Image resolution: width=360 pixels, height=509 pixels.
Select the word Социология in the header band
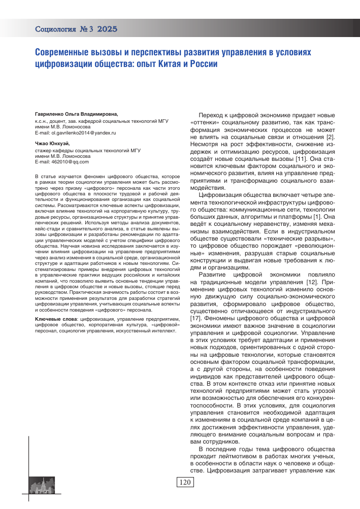[x=54, y=29]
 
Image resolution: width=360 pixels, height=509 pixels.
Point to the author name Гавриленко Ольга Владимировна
[x=76, y=115]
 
